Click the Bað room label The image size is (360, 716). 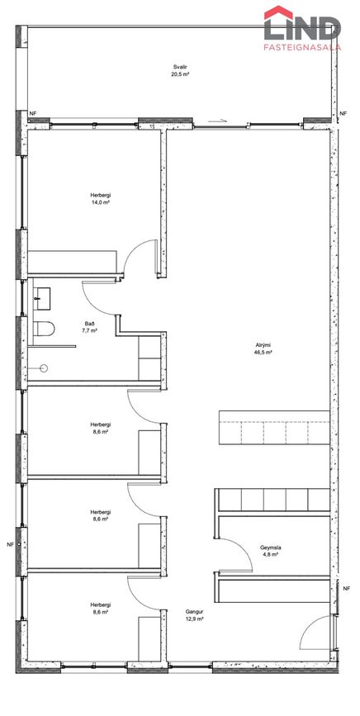point(92,323)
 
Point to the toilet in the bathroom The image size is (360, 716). point(44,329)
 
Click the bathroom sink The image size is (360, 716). point(41,299)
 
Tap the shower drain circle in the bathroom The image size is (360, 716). point(45,367)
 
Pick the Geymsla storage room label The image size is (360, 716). point(269,547)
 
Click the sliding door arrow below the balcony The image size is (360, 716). point(217,121)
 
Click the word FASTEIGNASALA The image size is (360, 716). point(302,46)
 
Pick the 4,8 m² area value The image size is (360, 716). point(269,554)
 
